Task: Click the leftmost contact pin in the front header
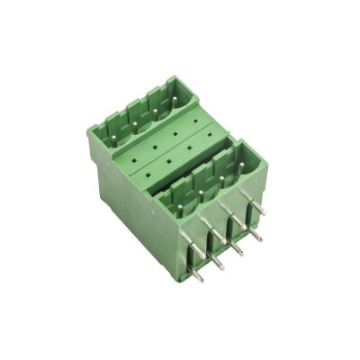tap(179, 209)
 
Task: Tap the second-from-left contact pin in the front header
tap(199, 198)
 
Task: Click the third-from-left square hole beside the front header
tap(193, 153)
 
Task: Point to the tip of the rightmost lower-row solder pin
tap(258, 238)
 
